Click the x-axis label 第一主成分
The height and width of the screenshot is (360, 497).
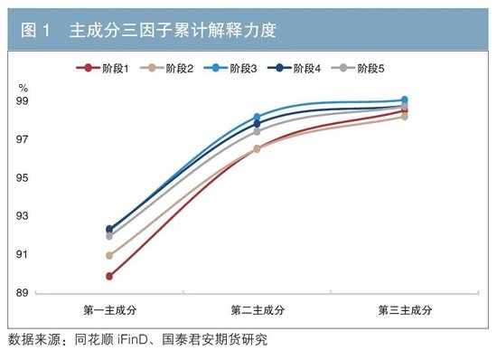point(109,310)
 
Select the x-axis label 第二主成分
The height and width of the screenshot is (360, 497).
point(257,310)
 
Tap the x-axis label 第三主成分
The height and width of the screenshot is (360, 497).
point(404,310)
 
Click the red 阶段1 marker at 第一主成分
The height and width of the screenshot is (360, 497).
point(109,276)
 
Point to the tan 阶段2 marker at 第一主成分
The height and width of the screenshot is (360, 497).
point(109,255)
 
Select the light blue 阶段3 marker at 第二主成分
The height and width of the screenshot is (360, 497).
point(257,117)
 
